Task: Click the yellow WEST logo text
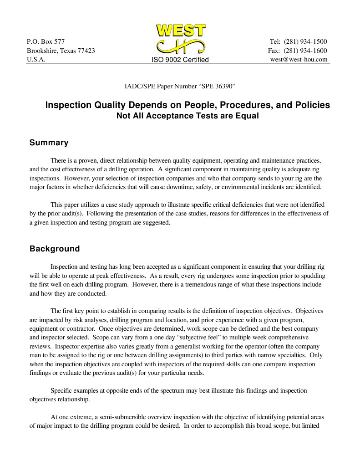tap(181, 31)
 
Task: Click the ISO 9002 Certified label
tap(180, 60)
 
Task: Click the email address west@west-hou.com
tap(299, 59)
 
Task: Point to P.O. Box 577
tap(46, 42)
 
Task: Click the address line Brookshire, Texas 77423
tap(61, 51)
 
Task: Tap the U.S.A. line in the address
tap(36, 59)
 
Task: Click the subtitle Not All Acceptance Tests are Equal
tap(188, 116)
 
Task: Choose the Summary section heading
tap(49, 143)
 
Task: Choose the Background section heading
tap(54, 249)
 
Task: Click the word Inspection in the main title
tap(67, 105)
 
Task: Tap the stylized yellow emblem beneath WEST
tap(181, 46)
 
